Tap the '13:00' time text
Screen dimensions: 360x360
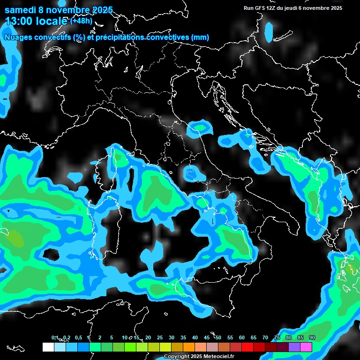pyautogui.click(x=18, y=21)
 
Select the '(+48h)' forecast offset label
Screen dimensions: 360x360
pyautogui.click(x=81, y=21)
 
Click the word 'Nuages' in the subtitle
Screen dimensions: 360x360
pyautogui.click(x=18, y=37)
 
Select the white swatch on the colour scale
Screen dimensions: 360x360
pyautogui.click(x=48, y=347)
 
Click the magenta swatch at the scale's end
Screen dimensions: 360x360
pyautogui.click(x=306, y=347)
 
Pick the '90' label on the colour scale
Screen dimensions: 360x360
pyautogui.click(x=312, y=338)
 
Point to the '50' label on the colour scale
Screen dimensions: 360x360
pyautogui.click(x=218, y=338)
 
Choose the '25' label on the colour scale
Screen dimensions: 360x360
pyautogui.click(x=159, y=338)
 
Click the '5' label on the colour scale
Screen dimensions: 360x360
pyautogui.click(x=112, y=338)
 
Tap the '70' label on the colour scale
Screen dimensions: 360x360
pyautogui.click(x=265, y=338)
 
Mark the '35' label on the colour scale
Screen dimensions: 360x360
pyautogui.click(x=183, y=338)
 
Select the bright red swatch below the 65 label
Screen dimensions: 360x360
pyautogui.click(x=247, y=347)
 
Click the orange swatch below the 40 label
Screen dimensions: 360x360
pyautogui.click(x=188, y=347)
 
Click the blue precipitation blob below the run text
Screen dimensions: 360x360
pyautogui.click(x=269, y=31)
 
